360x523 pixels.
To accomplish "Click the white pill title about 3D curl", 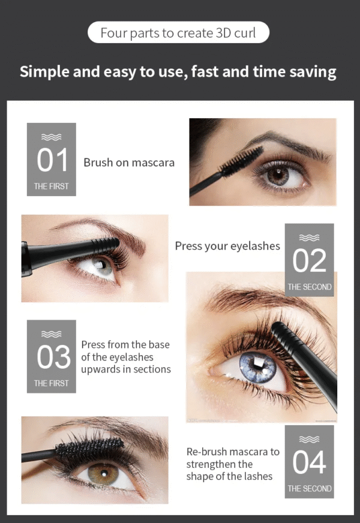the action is click(x=178, y=32).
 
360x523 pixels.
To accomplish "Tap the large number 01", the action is click(x=52, y=160).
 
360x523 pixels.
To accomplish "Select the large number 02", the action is click(x=309, y=260).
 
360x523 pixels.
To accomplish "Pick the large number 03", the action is click(x=53, y=357).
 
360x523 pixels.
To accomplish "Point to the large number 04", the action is click(x=309, y=462).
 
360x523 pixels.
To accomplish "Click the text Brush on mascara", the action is click(x=129, y=163).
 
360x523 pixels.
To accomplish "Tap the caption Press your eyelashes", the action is click(x=227, y=246).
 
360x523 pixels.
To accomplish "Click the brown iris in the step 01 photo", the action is click(x=278, y=175).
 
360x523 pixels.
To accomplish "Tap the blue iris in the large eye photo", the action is click(x=257, y=368).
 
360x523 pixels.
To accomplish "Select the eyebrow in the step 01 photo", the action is click(x=287, y=143).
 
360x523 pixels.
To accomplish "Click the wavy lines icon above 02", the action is click(x=309, y=238).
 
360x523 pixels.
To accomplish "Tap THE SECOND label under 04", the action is click(x=309, y=488).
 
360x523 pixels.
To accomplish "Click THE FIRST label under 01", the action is click(x=51, y=186).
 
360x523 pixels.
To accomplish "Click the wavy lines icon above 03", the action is click(x=51, y=334).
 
